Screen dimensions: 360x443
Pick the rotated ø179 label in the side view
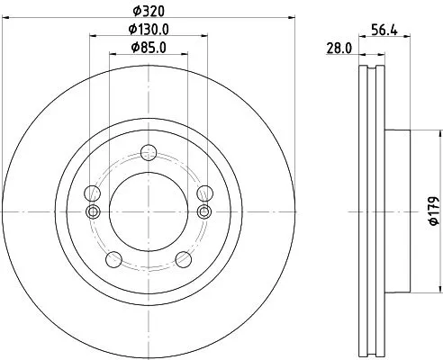433,209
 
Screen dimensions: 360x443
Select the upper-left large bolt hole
90,193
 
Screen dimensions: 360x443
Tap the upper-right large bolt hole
203,193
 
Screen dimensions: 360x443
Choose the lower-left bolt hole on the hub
113,260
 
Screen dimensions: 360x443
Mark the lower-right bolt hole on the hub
183,260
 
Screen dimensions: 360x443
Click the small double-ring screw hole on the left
91,211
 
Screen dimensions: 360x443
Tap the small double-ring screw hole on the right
203,211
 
